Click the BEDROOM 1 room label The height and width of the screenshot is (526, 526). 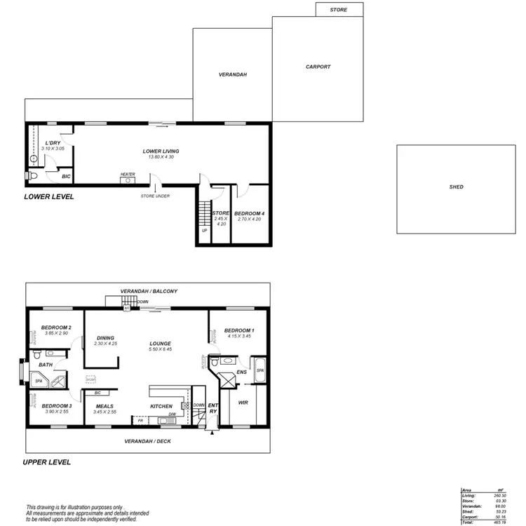point(239,330)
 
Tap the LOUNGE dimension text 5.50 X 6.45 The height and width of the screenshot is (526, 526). point(161,349)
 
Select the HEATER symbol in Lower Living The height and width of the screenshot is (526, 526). point(127,180)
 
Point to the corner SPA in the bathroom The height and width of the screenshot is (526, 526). point(41,382)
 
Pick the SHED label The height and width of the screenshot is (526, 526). point(456,187)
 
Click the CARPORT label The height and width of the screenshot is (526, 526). point(318,67)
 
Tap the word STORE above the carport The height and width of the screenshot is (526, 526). point(339,11)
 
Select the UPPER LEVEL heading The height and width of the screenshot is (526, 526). point(46,463)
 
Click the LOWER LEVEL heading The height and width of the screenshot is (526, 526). point(49,197)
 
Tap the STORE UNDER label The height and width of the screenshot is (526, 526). point(155,196)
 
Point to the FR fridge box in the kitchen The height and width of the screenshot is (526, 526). point(140,420)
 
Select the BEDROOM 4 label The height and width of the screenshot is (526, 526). point(249,213)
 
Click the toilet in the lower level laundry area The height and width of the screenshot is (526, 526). point(33,175)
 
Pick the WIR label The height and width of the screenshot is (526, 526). point(243,403)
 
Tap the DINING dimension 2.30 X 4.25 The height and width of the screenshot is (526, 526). point(105,344)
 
